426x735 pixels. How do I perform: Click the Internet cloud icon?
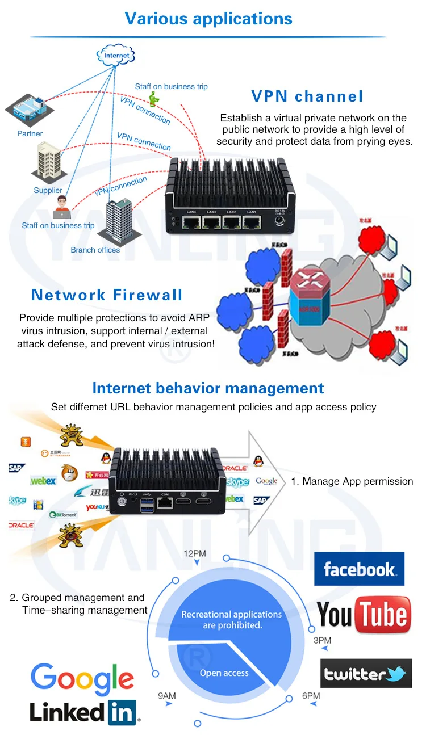point(116,56)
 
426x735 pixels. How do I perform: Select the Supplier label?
point(48,190)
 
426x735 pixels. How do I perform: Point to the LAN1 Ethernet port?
point(250,222)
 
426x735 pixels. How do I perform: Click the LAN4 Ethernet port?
point(191,222)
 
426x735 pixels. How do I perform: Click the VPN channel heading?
point(307,96)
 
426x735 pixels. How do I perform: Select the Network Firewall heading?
point(107,295)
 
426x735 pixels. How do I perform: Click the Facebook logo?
point(359,569)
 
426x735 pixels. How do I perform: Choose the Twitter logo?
point(366,674)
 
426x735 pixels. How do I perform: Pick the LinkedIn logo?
point(84,712)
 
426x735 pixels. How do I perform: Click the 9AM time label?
point(166,695)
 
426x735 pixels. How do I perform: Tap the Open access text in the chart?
point(224,673)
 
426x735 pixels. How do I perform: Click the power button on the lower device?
point(122,501)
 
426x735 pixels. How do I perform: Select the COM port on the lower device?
point(165,502)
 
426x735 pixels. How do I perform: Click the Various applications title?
point(208,18)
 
